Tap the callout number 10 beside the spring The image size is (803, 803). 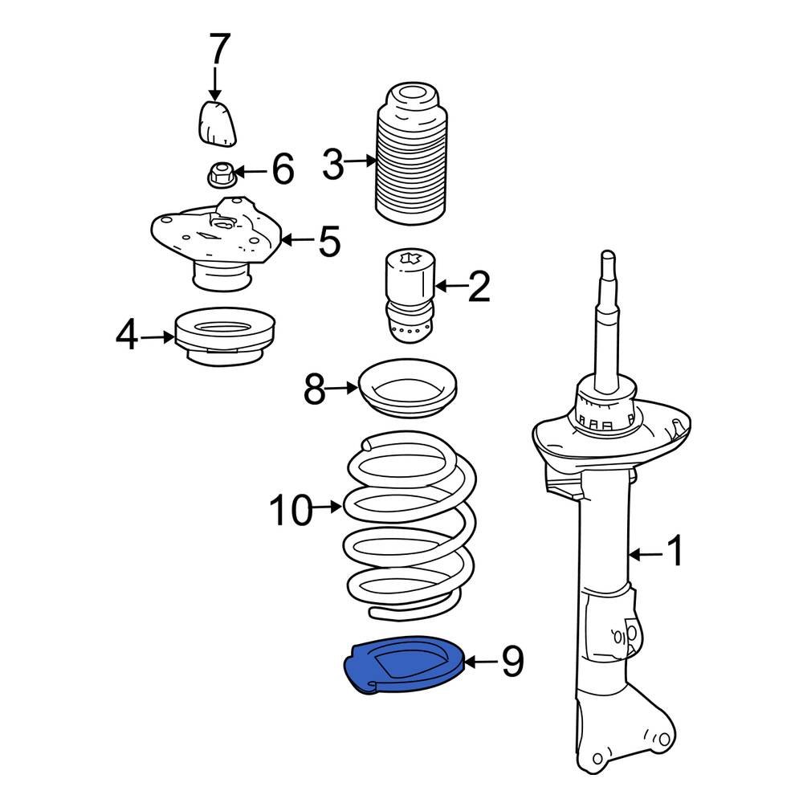click(x=290, y=511)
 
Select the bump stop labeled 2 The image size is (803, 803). click(x=408, y=297)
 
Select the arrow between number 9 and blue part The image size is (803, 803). click(x=481, y=662)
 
